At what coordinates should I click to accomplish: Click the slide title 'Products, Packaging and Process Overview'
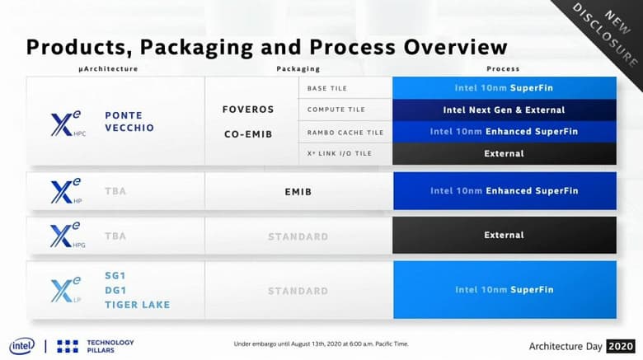click(266, 46)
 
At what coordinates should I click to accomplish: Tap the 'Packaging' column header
click(298, 69)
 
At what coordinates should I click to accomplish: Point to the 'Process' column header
click(503, 69)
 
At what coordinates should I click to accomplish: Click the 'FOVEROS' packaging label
click(248, 109)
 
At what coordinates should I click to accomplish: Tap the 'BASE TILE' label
click(327, 88)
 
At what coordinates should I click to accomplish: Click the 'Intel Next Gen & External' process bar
click(504, 110)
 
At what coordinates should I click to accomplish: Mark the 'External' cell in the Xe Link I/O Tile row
click(504, 153)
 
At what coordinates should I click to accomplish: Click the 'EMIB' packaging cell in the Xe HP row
click(298, 190)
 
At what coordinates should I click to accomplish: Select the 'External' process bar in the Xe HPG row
click(504, 235)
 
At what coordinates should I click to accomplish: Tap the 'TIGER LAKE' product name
click(137, 304)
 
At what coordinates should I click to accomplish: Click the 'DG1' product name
click(116, 290)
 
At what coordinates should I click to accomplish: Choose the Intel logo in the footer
click(21, 346)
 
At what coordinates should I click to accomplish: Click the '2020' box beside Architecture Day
click(620, 346)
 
